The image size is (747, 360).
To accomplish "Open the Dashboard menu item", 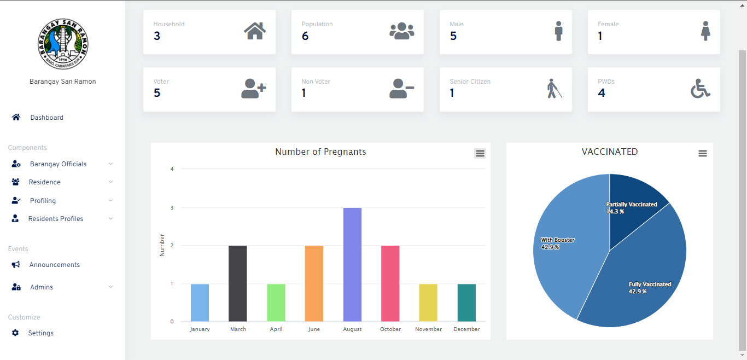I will point(46,118).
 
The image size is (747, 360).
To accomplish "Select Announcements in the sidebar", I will point(54,265).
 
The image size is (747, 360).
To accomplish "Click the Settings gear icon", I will point(15,333).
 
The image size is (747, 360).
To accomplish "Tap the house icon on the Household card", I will point(255,31).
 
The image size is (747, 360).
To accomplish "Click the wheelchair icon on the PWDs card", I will point(701,89).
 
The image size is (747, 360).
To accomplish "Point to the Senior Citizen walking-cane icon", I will point(555,89).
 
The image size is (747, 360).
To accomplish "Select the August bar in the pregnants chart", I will point(352,265).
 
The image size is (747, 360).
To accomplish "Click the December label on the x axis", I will point(466,329).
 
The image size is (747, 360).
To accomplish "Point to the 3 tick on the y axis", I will point(172,208).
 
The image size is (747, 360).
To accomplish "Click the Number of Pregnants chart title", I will point(320,152).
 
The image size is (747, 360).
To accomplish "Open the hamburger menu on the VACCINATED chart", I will point(703,154).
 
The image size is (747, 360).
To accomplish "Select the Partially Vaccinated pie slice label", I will point(632,205).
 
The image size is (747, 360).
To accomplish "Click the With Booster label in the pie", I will point(557,240).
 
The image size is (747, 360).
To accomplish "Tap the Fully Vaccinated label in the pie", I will point(650,284).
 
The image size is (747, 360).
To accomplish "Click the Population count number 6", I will point(305,36).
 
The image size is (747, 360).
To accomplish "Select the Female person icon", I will point(706,31).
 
